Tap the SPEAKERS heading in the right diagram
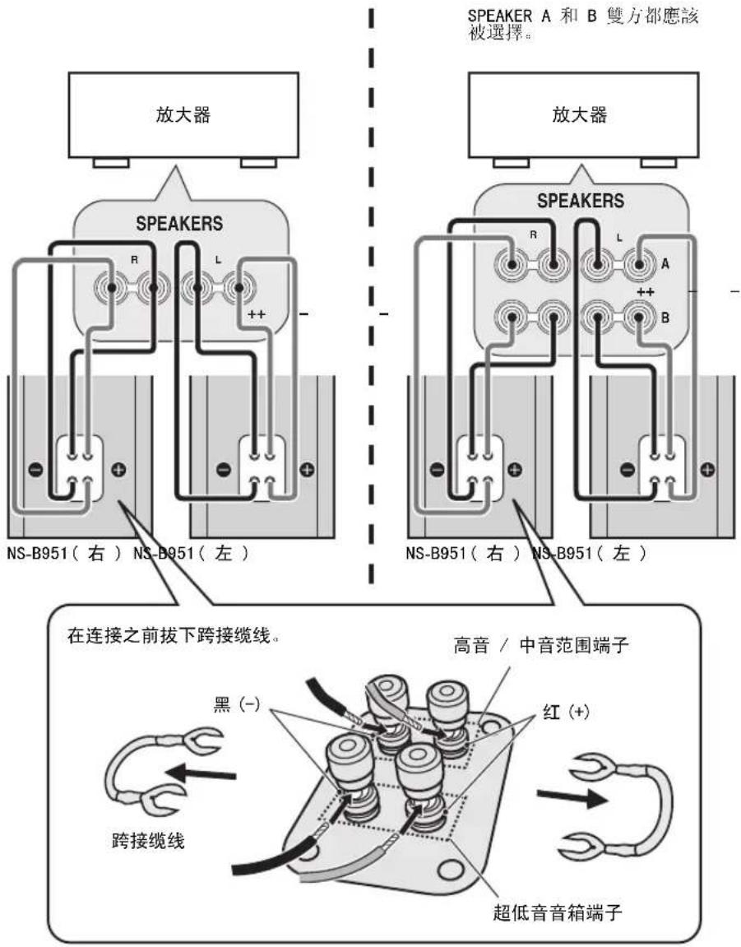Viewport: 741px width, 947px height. click(x=580, y=200)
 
